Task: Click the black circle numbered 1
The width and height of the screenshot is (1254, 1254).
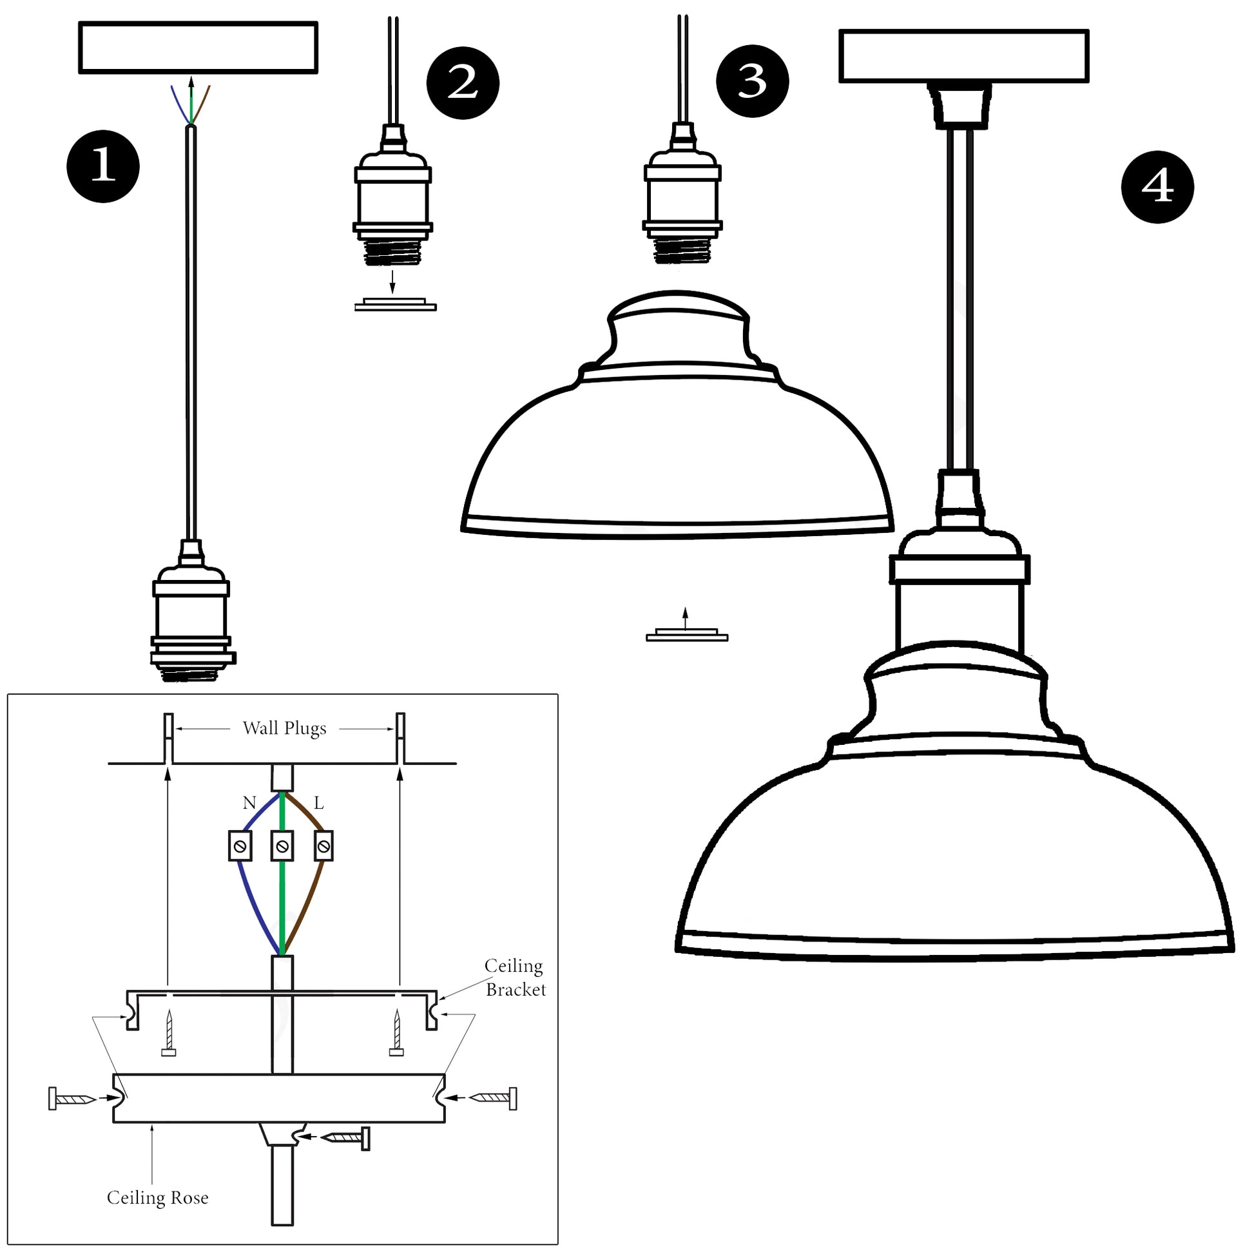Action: pos(102,166)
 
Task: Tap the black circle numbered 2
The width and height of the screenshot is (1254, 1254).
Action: pos(462,83)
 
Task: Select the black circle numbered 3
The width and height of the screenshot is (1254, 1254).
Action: pos(752,81)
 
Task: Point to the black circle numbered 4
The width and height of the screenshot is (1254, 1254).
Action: pos(1157,187)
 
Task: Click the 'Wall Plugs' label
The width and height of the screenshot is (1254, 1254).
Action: pos(284,728)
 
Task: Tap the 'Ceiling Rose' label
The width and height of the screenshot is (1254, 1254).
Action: pos(158,1197)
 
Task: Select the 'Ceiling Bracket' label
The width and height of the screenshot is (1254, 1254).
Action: pos(516,978)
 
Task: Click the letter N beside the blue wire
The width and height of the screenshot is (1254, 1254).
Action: pos(249,803)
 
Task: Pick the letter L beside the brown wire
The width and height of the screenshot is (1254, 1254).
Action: pos(319,803)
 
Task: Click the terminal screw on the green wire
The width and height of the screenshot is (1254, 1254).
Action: pos(282,845)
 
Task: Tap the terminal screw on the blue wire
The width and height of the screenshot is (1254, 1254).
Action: pos(240,845)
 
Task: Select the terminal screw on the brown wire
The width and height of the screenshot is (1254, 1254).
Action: pos(323,846)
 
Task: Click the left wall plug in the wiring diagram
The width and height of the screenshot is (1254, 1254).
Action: pos(168,738)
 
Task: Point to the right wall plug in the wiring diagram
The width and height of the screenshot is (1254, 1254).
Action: pos(400,738)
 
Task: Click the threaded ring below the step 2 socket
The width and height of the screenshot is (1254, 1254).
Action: pos(395,305)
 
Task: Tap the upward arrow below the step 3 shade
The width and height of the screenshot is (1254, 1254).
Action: pos(685,619)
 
